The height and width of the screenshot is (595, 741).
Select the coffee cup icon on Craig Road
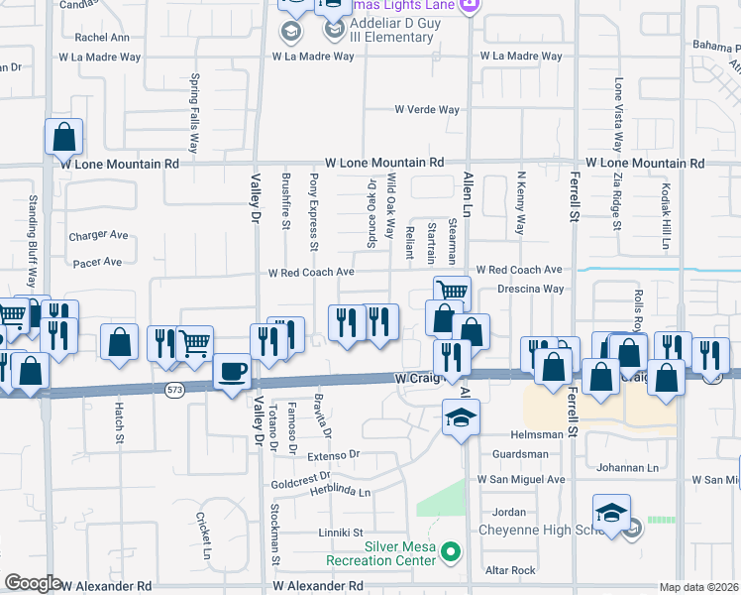[232, 372]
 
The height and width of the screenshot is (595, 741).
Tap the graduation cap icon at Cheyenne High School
[611, 514]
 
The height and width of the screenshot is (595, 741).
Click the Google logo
[33, 582]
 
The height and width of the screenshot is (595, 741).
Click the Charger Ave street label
[99, 236]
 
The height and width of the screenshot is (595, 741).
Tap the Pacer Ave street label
[97, 263]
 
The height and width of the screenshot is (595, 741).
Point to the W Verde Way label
[427, 110]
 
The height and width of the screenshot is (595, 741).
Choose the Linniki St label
[341, 533]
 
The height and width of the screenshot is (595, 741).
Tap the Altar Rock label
[510, 570]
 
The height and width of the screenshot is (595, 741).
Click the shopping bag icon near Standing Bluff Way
[63, 138]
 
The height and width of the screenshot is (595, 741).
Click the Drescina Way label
[531, 290]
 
